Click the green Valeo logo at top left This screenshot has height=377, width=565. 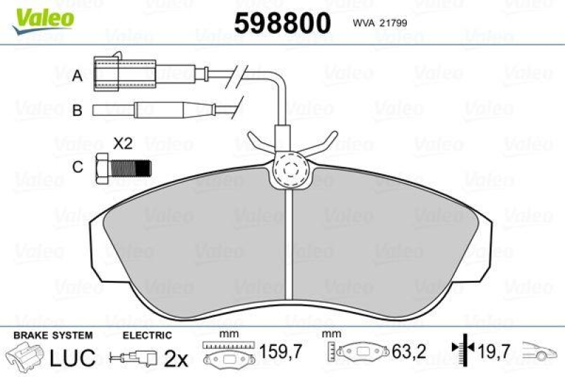[x=43, y=16]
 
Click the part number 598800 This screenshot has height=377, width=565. [x=282, y=23]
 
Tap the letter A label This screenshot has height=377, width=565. [x=78, y=76]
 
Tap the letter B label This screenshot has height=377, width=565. [x=78, y=110]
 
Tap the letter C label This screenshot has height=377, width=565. [x=78, y=167]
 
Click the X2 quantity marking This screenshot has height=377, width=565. [x=124, y=144]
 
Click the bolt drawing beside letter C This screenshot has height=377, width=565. [x=122, y=168]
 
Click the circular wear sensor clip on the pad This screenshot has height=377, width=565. [x=290, y=170]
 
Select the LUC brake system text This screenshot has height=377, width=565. [x=73, y=358]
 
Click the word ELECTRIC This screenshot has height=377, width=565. [x=147, y=335]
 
